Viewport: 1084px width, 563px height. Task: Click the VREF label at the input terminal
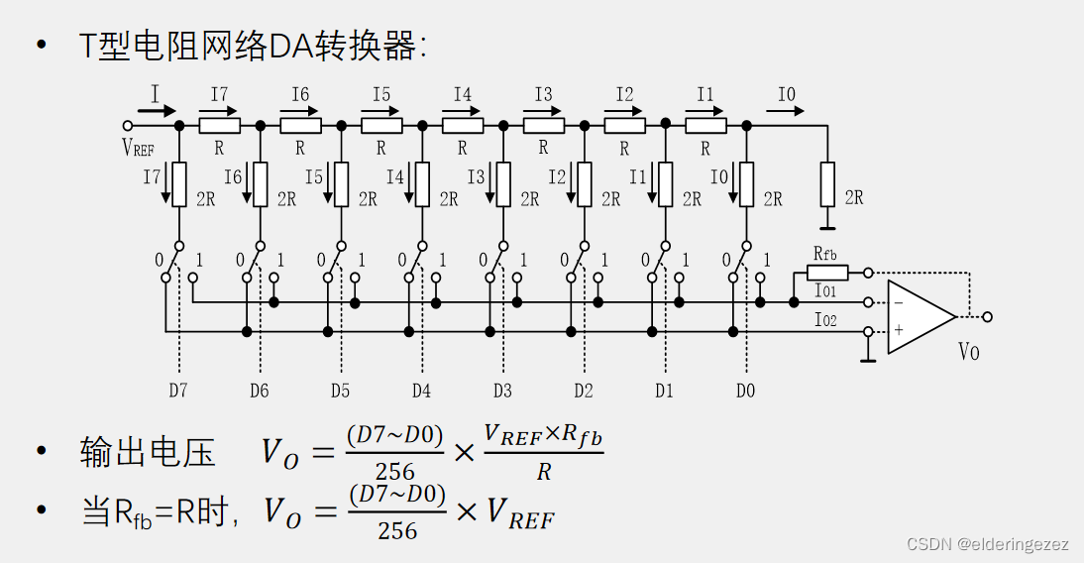138,148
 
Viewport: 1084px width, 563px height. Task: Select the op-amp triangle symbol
919,316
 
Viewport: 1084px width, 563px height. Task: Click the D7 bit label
177,391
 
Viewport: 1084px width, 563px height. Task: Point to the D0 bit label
745,391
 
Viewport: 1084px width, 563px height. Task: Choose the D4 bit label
421,391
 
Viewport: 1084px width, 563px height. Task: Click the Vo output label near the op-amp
968,351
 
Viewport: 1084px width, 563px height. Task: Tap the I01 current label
825,292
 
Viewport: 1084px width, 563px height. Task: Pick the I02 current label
825,319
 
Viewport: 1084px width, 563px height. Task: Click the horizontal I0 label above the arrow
786,95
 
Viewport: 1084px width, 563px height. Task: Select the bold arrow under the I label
157,111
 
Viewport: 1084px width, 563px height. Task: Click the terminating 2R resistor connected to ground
827,183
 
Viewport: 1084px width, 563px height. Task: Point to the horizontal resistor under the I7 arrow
219,126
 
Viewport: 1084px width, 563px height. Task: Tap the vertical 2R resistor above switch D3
503,183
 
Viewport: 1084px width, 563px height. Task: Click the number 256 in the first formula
394,472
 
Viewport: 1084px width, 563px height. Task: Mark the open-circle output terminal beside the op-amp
986,316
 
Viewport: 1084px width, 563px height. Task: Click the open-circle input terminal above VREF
127,126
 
